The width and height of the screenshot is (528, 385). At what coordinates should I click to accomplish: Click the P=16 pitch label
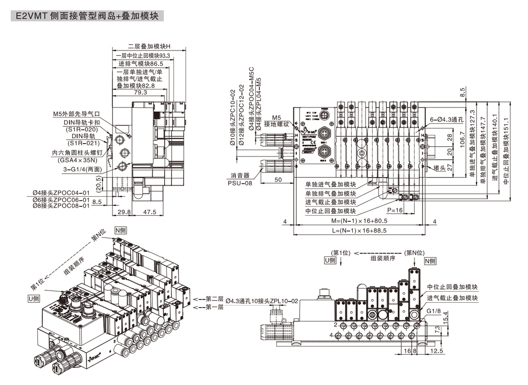pyautogui.click(x=395, y=210)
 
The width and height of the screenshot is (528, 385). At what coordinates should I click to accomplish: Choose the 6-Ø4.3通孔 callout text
pyautogui.click(x=444, y=119)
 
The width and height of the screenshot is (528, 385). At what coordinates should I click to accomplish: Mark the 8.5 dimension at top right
pyautogui.click(x=462, y=93)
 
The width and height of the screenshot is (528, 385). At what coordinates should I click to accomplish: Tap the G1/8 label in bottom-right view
pyautogui.click(x=433, y=311)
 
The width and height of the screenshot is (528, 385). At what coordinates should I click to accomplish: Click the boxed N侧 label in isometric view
pyautogui.click(x=121, y=231)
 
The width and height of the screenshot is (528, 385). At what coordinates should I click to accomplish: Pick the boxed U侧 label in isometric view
pyautogui.click(x=33, y=298)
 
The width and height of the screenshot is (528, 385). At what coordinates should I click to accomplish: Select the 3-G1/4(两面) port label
pyautogui.click(x=84, y=169)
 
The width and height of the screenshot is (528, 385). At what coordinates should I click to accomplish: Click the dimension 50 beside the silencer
pyautogui.click(x=278, y=180)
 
